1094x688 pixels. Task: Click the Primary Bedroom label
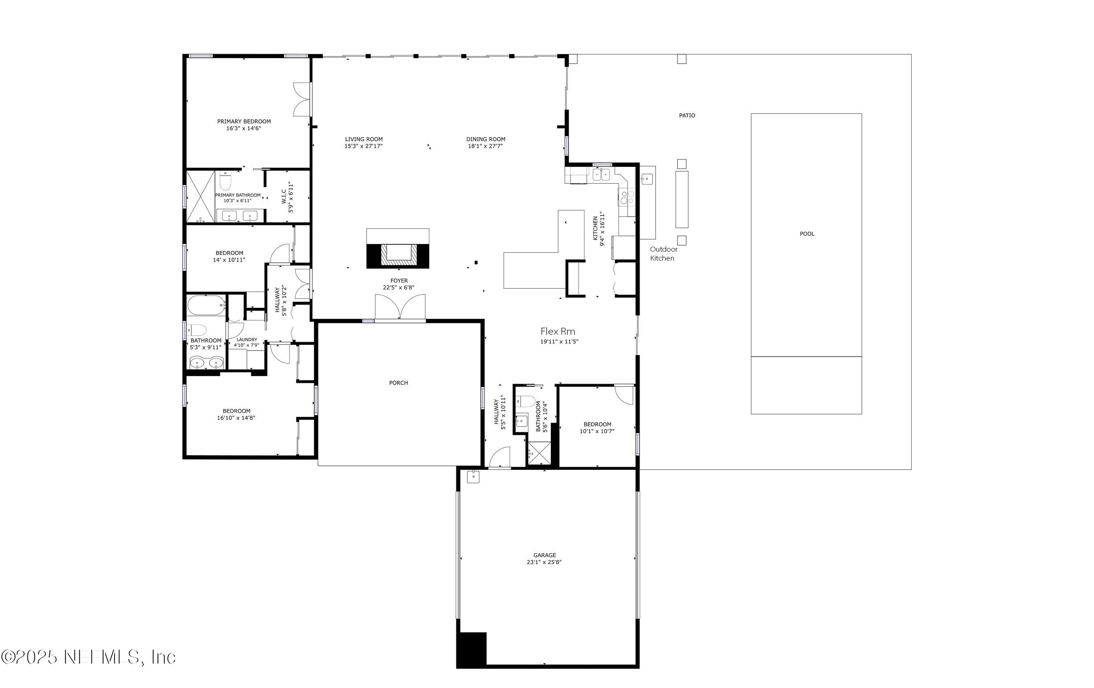coord(244,121)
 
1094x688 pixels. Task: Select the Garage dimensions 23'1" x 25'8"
coord(544,562)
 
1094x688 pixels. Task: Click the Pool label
coord(807,234)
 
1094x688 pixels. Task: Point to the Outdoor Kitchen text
coord(663,253)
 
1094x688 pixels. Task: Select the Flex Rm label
coord(557,331)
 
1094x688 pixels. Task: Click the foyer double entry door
coord(400,307)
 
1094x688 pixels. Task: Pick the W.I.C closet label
coord(284,197)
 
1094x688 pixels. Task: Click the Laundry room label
coord(247,340)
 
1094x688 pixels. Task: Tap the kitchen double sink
coord(601,174)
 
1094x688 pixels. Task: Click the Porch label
coord(399,383)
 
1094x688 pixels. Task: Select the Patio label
coord(687,115)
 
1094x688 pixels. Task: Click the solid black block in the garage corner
coord(472,649)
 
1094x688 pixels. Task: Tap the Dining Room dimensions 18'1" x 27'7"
coord(485,146)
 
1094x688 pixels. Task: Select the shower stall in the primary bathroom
coord(200,196)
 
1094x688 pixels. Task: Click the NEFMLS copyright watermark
coord(89,657)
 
